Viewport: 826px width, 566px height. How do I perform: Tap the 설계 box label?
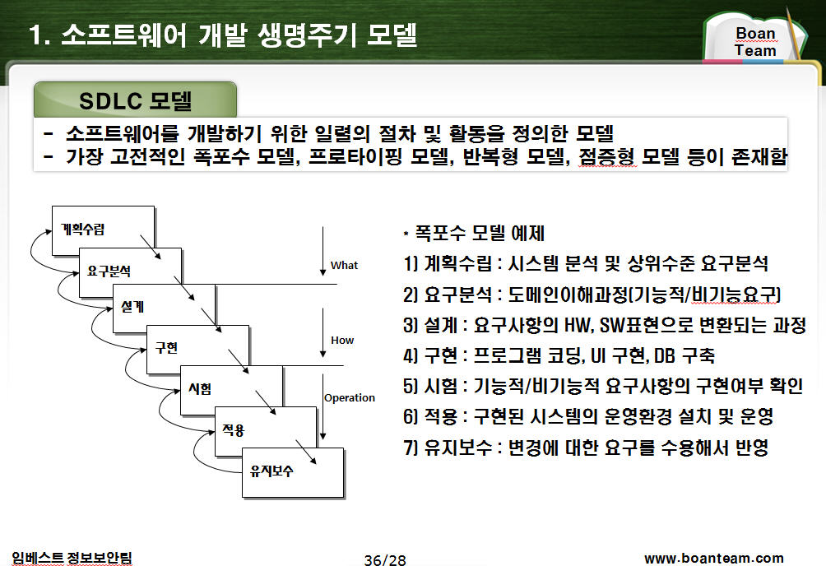tap(132, 307)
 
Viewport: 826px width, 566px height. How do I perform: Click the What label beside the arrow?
tap(344, 265)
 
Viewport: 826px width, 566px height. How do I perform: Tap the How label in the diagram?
tap(342, 341)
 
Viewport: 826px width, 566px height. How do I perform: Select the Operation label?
tap(350, 398)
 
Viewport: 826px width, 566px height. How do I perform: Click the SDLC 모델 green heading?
tap(136, 100)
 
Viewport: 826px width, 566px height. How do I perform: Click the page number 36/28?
tap(385, 559)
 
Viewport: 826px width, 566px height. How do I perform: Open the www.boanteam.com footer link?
tap(714, 558)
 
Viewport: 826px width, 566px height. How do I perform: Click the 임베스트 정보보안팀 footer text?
tap(72, 558)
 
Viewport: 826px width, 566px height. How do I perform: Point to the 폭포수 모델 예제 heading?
tap(474, 233)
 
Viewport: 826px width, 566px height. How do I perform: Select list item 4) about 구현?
tap(559, 355)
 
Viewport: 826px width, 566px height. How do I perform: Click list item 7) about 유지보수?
tap(586, 448)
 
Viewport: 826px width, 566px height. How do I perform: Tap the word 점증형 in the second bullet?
tap(607, 156)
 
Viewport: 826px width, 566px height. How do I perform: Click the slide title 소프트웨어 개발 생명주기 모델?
tap(223, 35)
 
